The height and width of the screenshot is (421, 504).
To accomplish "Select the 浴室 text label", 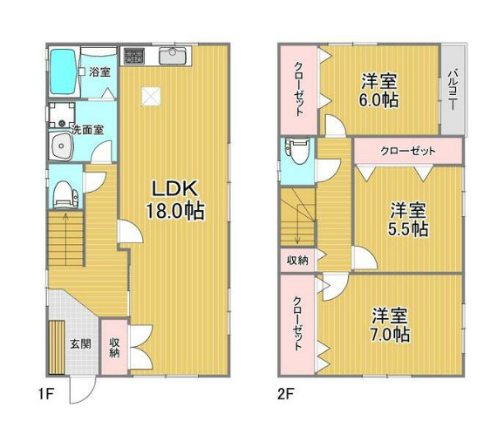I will pyautogui.click(x=99, y=72).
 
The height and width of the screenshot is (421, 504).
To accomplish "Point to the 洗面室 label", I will pyautogui.click(x=88, y=129).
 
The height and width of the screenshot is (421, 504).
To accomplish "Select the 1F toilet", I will pyautogui.click(x=62, y=194).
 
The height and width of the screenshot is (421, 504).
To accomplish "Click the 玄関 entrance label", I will pyautogui.click(x=80, y=343).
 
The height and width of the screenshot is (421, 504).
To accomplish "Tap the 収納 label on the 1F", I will pyautogui.click(x=114, y=348).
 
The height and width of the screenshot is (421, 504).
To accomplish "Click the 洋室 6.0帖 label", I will pyautogui.click(x=381, y=91).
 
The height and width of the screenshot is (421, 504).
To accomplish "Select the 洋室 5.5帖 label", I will pyautogui.click(x=407, y=219).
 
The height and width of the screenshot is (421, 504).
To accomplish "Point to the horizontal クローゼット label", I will pyautogui.click(x=407, y=150).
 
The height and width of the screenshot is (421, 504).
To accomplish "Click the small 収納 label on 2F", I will pyautogui.click(x=294, y=260).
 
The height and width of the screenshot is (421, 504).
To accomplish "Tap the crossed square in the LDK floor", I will pyautogui.click(x=152, y=98).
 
